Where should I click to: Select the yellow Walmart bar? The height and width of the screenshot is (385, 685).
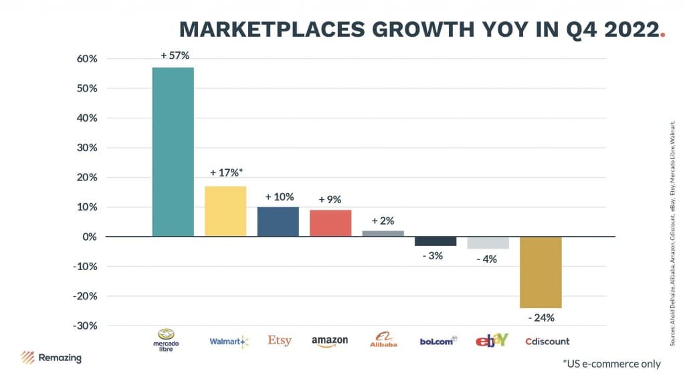pyautogui.click(x=225, y=211)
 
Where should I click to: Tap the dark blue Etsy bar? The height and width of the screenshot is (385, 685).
pyautogui.click(x=278, y=221)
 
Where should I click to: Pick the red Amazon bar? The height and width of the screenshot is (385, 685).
pyautogui.click(x=330, y=223)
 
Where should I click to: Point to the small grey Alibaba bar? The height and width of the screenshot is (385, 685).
pyautogui.click(x=383, y=233)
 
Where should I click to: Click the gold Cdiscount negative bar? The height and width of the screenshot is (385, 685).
pyautogui.click(x=541, y=272)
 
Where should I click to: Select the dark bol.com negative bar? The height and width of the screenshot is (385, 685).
pyautogui.click(x=435, y=241)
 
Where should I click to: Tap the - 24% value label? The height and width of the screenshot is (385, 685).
pyautogui.click(x=541, y=317)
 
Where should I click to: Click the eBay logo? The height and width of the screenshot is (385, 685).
pyautogui.click(x=492, y=340)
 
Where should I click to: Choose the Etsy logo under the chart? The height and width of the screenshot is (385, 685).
pyautogui.click(x=280, y=340)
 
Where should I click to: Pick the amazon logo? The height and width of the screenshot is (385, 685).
pyautogui.click(x=330, y=341)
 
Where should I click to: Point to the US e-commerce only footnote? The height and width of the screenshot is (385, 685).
pyautogui.click(x=611, y=364)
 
